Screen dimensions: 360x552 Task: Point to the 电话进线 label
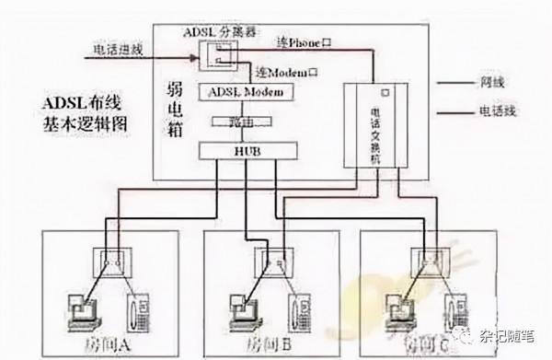pos(117,50)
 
